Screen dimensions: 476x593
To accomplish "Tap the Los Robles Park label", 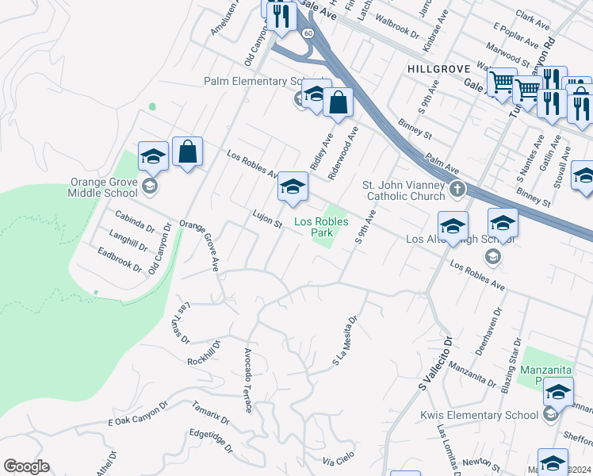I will pos(321,228).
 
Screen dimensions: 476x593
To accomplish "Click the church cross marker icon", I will pos(457,190).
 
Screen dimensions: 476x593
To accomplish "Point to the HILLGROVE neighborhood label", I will pos(439,70).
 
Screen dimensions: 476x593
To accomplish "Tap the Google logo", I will pos(27,466).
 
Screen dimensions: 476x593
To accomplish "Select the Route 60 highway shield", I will pos(308,33).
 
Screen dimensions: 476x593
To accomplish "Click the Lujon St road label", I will pos(267,219).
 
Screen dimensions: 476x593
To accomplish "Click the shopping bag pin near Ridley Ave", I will pos(338,103).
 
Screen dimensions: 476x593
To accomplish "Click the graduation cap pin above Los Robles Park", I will pos(293,187).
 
